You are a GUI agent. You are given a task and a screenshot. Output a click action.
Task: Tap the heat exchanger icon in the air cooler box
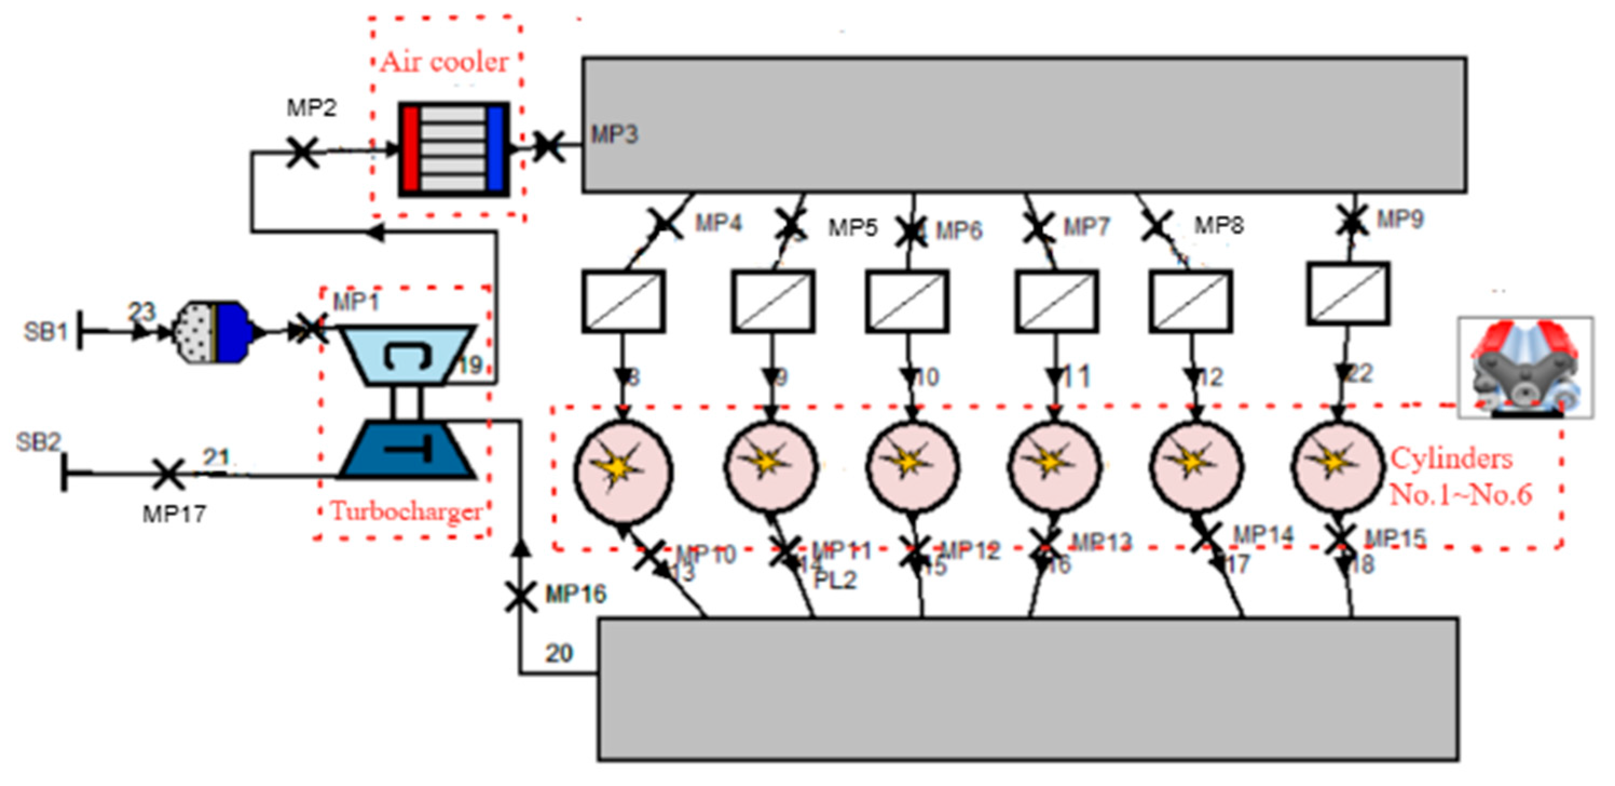pos(453,149)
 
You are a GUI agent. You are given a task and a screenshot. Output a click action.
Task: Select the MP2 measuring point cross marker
pos(302,152)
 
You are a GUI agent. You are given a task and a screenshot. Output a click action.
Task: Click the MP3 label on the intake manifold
pos(614,135)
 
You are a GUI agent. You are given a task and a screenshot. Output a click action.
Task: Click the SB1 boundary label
pos(45,332)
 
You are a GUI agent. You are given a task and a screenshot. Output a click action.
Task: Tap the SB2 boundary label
pos(38,442)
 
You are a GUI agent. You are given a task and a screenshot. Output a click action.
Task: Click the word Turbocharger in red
pos(406,511)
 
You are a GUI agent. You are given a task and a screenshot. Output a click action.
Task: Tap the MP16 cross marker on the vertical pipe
pos(521,596)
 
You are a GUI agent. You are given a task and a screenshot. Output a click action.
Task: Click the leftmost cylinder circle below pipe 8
pos(623,472)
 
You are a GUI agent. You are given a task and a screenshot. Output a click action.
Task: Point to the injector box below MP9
pos(1348,295)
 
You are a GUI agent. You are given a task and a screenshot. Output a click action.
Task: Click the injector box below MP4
pos(623,301)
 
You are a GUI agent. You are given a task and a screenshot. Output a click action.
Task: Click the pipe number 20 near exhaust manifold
pos(559,654)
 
